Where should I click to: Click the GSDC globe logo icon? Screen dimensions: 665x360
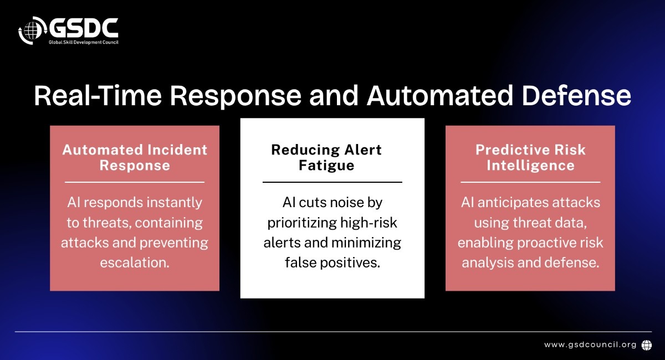coord(33,30)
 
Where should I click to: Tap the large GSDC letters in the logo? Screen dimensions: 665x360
coord(84,28)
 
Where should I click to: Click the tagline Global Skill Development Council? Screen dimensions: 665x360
coord(84,42)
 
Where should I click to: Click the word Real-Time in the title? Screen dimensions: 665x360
coord(98,96)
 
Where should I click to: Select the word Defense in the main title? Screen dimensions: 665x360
coord(576,96)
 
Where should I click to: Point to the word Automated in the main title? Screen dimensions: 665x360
coord(440,96)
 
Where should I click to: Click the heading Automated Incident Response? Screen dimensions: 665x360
coord(135,157)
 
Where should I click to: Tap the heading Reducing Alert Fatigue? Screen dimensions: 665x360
coord(326,157)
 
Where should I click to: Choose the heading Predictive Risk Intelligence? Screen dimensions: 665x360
coord(530,157)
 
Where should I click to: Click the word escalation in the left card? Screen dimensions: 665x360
coord(135,263)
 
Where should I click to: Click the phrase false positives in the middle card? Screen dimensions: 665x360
coord(332,263)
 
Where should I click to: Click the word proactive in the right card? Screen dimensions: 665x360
coord(548,243)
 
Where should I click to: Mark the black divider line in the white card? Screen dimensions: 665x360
coord(332,182)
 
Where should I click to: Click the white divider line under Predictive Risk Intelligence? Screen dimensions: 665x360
coord(530,182)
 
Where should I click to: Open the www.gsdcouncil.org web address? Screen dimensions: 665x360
coord(590,344)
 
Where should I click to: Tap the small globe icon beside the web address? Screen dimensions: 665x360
coord(647,345)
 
